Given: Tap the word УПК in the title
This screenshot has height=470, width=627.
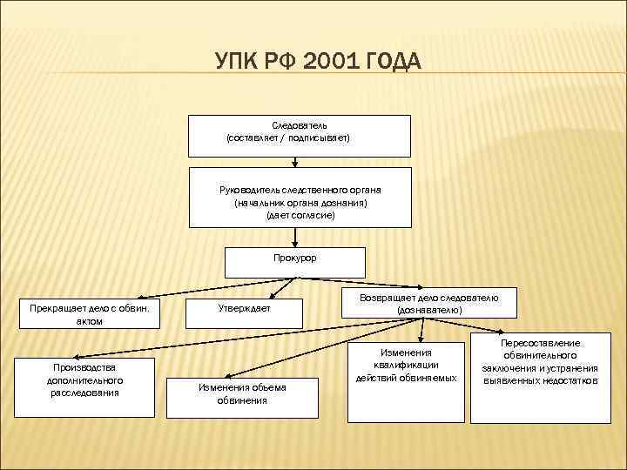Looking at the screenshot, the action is click(234, 62).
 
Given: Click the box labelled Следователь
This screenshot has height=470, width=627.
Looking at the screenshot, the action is click(300, 132).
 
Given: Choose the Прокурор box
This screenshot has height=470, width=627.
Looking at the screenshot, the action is click(294, 259).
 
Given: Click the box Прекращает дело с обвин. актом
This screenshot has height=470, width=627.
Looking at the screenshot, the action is click(90, 313).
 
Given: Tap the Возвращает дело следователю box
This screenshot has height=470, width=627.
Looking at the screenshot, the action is click(429, 304).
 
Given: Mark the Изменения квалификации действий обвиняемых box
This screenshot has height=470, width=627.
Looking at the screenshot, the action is click(407, 379).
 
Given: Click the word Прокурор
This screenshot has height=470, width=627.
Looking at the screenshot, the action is click(294, 258).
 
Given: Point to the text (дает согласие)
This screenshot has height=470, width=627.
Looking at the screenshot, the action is click(300, 214).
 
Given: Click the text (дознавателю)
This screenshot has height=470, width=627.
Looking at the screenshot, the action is click(429, 309).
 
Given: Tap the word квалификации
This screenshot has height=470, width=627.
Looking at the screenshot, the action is click(407, 364).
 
